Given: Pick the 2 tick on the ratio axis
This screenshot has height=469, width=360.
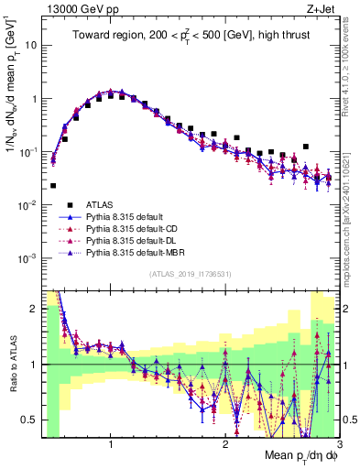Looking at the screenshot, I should point(33,310).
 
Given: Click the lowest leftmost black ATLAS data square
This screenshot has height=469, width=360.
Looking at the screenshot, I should point(53,186).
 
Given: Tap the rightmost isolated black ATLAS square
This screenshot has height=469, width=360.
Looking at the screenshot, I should point(306,147).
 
